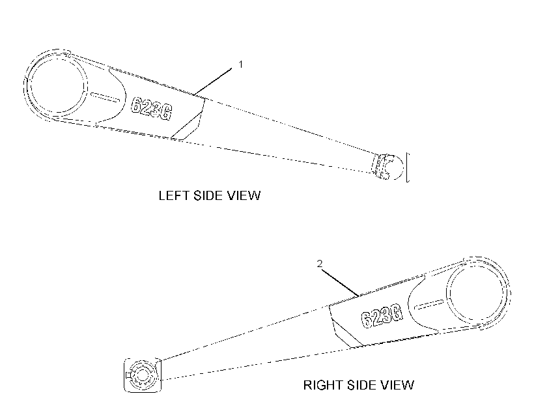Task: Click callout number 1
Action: click(241, 64)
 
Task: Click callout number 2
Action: click(320, 263)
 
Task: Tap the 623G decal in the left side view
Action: click(152, 108)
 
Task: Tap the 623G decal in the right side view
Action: click(382, 317)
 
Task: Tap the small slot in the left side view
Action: click(105, 97)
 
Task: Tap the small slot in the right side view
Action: click(429, 305)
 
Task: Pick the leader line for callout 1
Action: click(213, 81)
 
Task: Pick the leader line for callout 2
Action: click(339, 283)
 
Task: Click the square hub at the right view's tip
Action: click(143, 375)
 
